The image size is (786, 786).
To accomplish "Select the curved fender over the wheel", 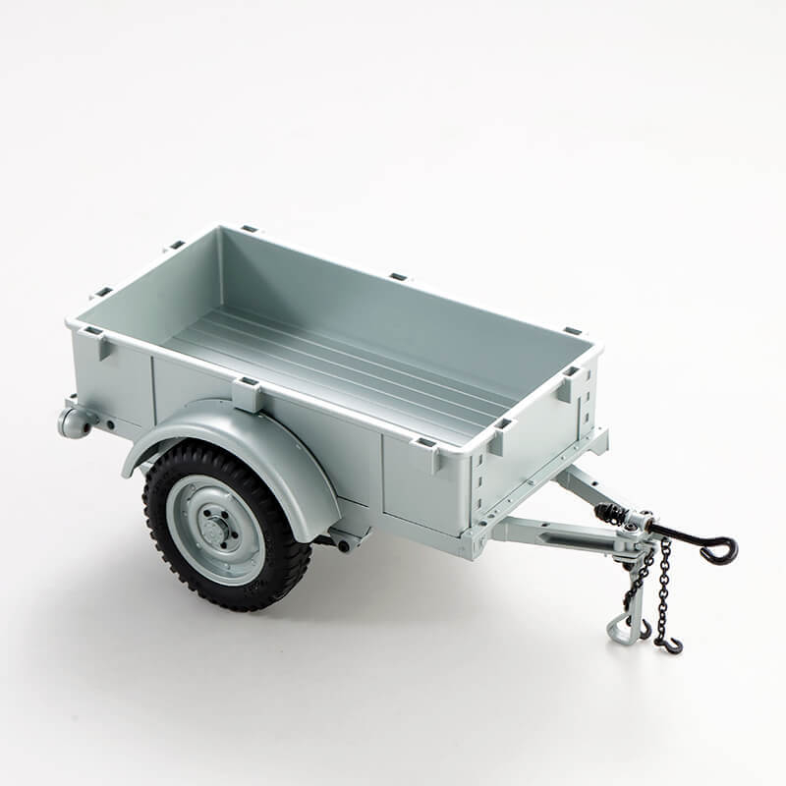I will (246, 432).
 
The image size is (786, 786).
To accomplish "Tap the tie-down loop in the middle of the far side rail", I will (398, 277).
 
